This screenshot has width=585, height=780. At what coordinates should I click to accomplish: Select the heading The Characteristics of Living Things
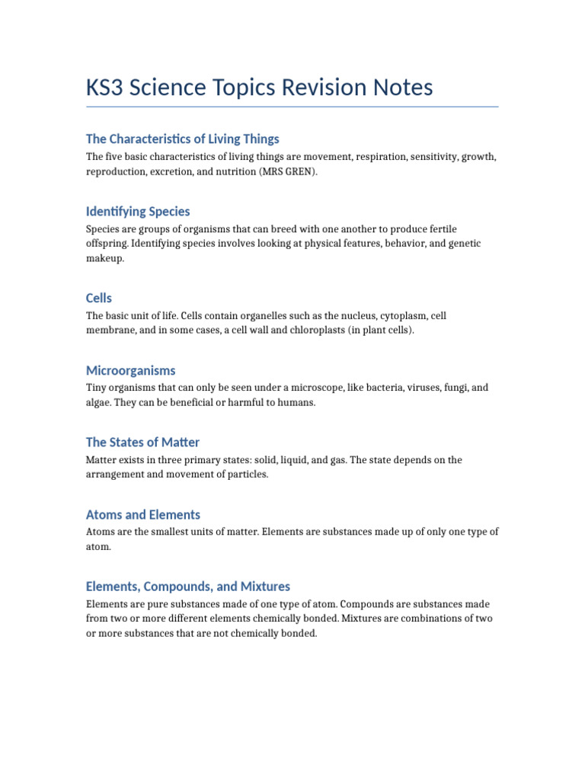(x=183, y=139)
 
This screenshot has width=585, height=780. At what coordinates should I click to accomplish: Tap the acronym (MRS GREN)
(x=289, y=172)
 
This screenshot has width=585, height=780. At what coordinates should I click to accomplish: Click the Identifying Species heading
(x=138, y=211)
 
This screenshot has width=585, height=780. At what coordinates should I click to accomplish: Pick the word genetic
(x=463, y=243)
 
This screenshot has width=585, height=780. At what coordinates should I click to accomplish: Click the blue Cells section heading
(x=99, y=298)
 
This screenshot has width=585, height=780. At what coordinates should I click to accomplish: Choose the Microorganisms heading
(x=131, y=370)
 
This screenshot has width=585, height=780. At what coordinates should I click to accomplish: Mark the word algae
(x=98, y=402)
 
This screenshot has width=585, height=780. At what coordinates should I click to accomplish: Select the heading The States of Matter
(x=143, y=442)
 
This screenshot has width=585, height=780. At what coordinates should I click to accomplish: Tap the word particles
(x=248, y=475)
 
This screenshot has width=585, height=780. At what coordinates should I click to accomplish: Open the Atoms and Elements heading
(x=143, y=514)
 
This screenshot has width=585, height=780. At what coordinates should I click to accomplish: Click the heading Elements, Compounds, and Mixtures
(x=188, y=587)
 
